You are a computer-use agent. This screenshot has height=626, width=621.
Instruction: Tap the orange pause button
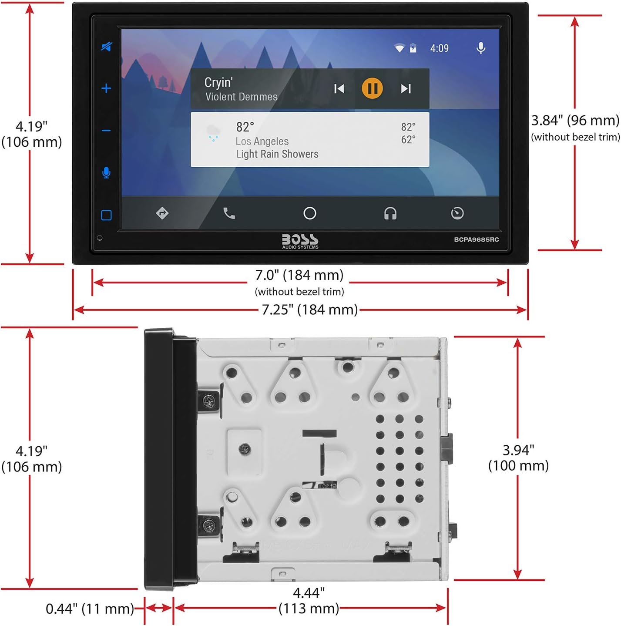pyautogui.click(x=372, y=88)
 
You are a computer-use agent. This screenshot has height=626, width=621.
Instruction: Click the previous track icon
pyautogui.click(x=339, y=89)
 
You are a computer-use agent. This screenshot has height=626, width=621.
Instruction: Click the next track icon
pyautogui.click(x=406, y=89)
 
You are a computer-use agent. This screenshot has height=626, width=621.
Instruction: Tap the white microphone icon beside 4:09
pyautogui.click(x=481, y=48)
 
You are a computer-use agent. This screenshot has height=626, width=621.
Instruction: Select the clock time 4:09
pyautogui.click(x=439, y=48)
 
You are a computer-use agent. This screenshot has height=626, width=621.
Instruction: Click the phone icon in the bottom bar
pyautogui.click(x=229, y=213)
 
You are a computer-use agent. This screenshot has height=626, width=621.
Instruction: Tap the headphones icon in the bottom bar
pyautogui.click(x=390, y=213)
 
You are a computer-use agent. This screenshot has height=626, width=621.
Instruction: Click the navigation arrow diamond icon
pyautogui.click(x=162, y=213)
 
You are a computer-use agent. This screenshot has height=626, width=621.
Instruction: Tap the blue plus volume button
pyautogui.click(x=106, y=88)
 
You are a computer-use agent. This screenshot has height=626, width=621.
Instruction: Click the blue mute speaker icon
pyautogui.click(x=106, y=47)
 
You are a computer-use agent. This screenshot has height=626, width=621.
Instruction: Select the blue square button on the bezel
pyautogui.click(x=106, y=215)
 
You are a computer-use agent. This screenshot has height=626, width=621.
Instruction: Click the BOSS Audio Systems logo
pyautogui.click(x=300, y=241)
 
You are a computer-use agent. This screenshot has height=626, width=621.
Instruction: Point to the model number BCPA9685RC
pyautogui.click(x=476, y=239)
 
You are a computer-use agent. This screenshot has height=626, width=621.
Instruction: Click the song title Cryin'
pyautogui.click(x=218, y=82)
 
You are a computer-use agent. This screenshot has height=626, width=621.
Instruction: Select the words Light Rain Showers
pyautogui.click(x=277, y=154)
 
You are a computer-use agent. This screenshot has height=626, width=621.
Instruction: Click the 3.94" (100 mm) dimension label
pyautogui.click(x=518, y=458)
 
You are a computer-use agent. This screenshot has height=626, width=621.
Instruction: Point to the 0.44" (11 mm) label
pyautogui.click(x=90, y=609)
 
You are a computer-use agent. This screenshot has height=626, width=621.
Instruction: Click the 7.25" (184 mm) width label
pyautogui.click(x=309, y=310)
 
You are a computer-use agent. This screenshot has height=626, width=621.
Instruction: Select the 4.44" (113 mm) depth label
pyautogui.click(x=309, y=600)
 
